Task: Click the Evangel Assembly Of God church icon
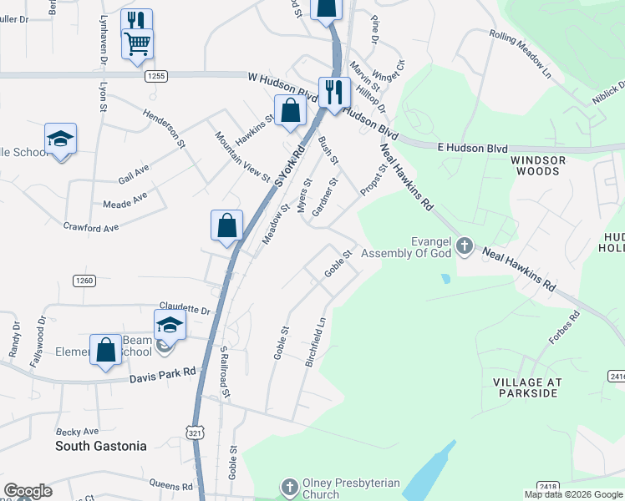pyautogui.click(x=465, y=247)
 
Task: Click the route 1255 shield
pyautogui.click(x=155, y=76)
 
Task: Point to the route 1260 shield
pyautogui.click(x=84, y=280)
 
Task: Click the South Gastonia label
pyautogui.click(x=100, y=446)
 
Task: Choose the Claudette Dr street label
pyautogui.click(x=183, y=309)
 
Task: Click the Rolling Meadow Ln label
pyautogui.click(x=521, y=55)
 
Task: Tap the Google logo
pyautogui.click(x=28, y=491)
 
